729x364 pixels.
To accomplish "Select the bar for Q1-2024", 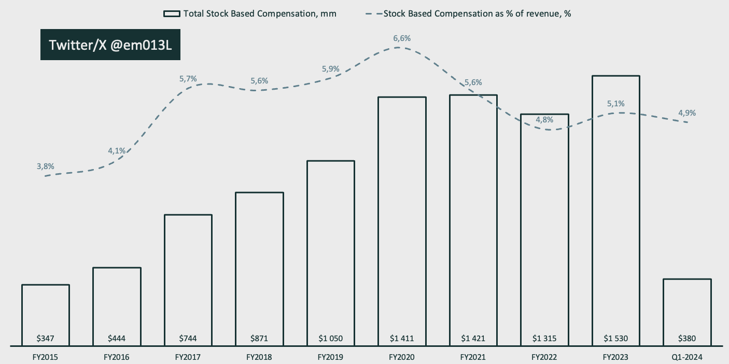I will tap(686, 312).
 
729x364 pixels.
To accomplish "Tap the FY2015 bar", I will tap(46, 314).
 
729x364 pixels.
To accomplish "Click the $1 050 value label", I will tap(330, 339).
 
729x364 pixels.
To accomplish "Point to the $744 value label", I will tap(188, 339).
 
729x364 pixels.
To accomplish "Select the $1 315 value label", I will tap(544, 339).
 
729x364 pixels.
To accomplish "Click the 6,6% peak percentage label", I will tap(402, 38).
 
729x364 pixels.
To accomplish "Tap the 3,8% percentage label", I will tap(45, 166).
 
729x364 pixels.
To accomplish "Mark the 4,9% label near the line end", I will tap(687, 113).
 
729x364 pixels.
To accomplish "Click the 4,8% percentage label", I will tap(544, 120).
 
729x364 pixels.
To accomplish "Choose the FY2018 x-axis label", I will tap(259, 357).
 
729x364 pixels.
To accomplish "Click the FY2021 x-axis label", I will tap(473, 357).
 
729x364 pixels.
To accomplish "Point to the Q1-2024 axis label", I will tap(686, 357).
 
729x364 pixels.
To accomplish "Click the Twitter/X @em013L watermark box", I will tap(110, 45).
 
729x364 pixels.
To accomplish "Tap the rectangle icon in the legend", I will tap(171, 14).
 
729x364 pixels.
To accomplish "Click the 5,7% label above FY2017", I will tap(188, 79).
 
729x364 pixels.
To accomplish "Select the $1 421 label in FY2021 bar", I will tap(473, 339).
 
